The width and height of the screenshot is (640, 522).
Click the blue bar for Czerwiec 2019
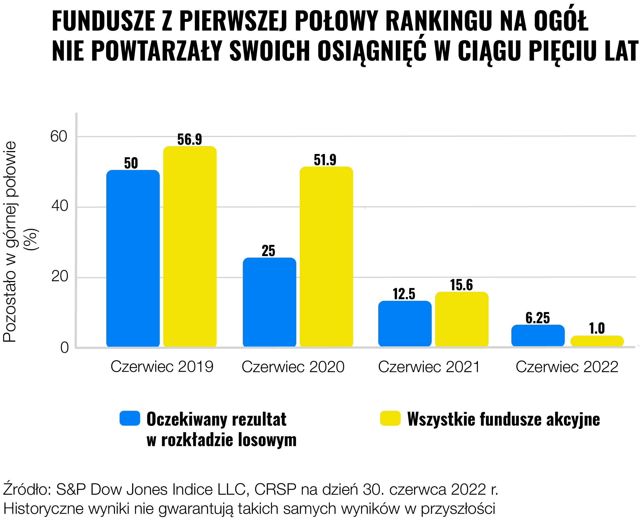pyautogui.click(x=133, y=259)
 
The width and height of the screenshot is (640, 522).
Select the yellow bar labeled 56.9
pyautogui.click(x=190, y=247)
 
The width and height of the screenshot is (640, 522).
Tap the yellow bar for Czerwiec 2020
pyautogui.click(x=326, y=257)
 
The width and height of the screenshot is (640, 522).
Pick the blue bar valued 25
pyautogui.click(x=269, y=302)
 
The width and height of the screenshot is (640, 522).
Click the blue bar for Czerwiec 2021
pyautogui.click(x=405, y=324)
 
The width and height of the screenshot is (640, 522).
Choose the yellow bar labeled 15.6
pyautogui.click(x=462, y=319)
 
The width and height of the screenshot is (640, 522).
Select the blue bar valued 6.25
pyautogui.click(x=538, y=336)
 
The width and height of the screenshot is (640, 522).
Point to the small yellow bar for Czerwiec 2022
pyautogui.click(x=597, y=341)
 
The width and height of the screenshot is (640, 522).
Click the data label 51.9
pyautogui.click(x=325, y=160)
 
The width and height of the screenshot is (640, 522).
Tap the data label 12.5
pyautogui.click(x=404, y=294)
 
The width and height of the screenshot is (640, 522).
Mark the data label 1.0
pyautogui.click(x=597, y=328)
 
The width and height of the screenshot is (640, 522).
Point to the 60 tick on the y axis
pyautogui.click(x=59, y=137)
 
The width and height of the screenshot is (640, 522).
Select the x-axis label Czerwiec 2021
pyautogui.click(x=429, y=367)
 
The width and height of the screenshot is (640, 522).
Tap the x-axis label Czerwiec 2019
pyautogui.click(x=162, y=367)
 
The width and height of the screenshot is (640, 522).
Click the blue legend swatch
pyautogui.click(x=130, y=418)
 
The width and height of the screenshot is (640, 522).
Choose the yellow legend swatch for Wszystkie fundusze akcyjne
pyautogui.click(x=390, y=418)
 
